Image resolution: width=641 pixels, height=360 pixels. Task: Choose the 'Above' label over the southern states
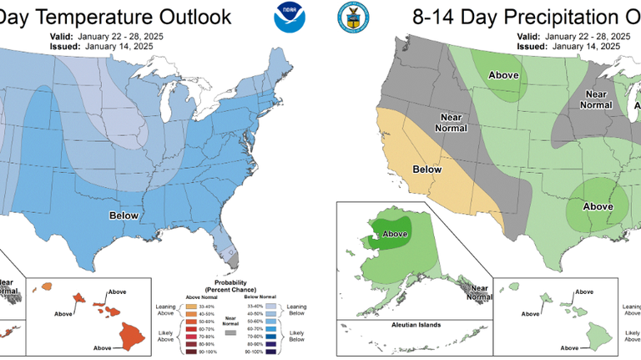598,205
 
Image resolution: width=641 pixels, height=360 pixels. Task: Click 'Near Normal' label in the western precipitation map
452,122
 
